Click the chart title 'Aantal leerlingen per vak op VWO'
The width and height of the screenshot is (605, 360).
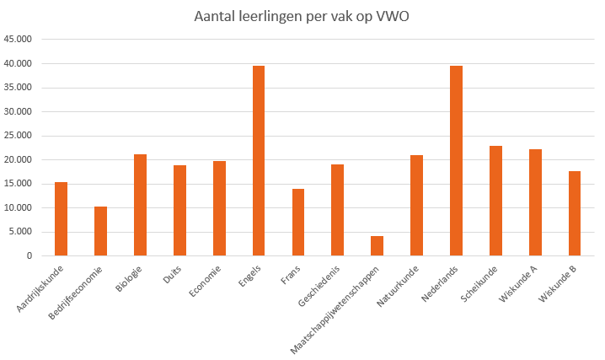coord(302,16)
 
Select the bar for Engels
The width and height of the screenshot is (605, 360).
coord(259,160)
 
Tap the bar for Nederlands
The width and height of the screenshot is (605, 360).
coord(456,160)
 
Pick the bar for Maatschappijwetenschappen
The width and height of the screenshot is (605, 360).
coord(377,245)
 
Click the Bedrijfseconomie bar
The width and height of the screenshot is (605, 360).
coord(100,230)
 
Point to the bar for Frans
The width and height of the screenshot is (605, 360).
coord(298,222)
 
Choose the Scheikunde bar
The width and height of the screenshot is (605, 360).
coord(495,201)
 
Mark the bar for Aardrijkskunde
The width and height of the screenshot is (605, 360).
coord(61,218)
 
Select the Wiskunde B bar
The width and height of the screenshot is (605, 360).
coord(575,213)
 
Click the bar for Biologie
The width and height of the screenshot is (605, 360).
coord(140,205)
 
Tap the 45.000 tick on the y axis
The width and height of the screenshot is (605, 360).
coord(18,40)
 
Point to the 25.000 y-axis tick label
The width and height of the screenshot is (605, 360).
coord(18,136)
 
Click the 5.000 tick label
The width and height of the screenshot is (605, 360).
coord(20,232)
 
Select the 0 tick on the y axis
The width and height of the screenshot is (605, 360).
coord(30,255)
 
